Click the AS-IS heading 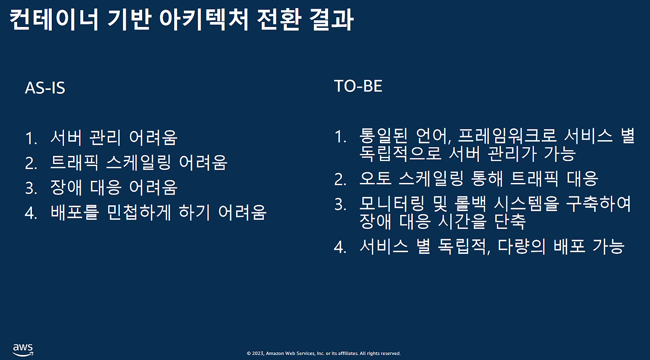[45, 88]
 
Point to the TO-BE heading [358, 86]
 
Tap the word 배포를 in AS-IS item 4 [75, 213]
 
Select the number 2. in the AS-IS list [31, 163]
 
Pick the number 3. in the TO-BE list [340, 205]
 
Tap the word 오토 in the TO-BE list [375, 178]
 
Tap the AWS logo [23, 349]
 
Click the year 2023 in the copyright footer [257, 353]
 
